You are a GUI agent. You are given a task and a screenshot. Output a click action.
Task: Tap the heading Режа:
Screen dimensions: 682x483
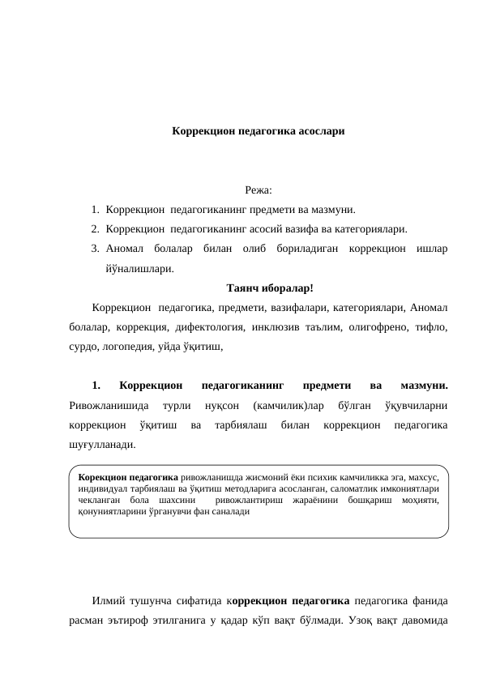259,191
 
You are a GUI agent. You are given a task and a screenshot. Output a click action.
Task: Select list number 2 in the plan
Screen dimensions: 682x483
95,228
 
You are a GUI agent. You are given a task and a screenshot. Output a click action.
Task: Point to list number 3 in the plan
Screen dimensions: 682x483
95,248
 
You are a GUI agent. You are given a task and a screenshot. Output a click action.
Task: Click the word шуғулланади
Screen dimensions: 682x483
104,444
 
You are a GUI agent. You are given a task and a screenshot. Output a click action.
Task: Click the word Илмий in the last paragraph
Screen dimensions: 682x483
109,601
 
